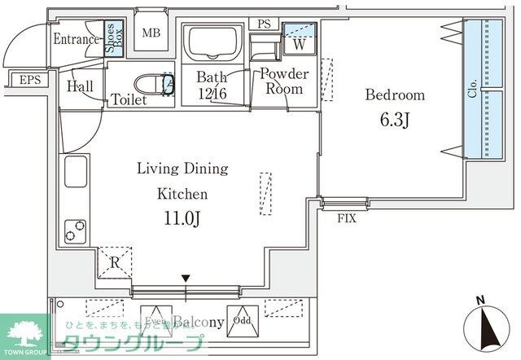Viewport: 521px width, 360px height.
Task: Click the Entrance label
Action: point(77,39)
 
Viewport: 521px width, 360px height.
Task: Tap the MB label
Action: point(151,33)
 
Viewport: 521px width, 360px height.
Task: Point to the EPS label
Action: point(29,80)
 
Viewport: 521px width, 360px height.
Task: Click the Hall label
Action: point(80,86)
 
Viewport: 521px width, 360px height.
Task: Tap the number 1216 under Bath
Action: point(210,93)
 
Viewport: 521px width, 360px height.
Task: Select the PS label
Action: point(264,24)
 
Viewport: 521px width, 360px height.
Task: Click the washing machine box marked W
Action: point(299,43)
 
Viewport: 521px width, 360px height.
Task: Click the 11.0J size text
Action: point(182,219)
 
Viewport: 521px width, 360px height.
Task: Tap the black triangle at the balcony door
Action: point(186,279)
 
